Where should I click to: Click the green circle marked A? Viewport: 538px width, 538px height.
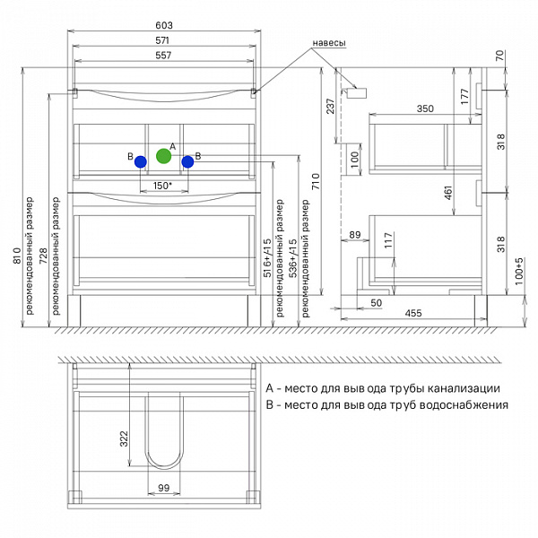pos(164,156)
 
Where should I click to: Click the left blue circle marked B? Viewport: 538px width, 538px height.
pos(141,161)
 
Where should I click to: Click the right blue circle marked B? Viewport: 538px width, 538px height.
pos(187,161)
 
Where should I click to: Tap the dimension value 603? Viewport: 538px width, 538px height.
pos(164,25)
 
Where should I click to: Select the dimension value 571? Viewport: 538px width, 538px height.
pos(162,40)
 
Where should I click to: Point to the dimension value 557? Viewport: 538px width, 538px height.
pos(163,56)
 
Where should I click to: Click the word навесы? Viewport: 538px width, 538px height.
pos(329,43)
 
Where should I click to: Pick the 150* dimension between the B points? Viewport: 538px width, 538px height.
pos(162,186)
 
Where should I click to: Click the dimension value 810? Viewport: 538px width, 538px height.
pos(17,256)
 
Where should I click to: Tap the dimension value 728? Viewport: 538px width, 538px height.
pos(43,256)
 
